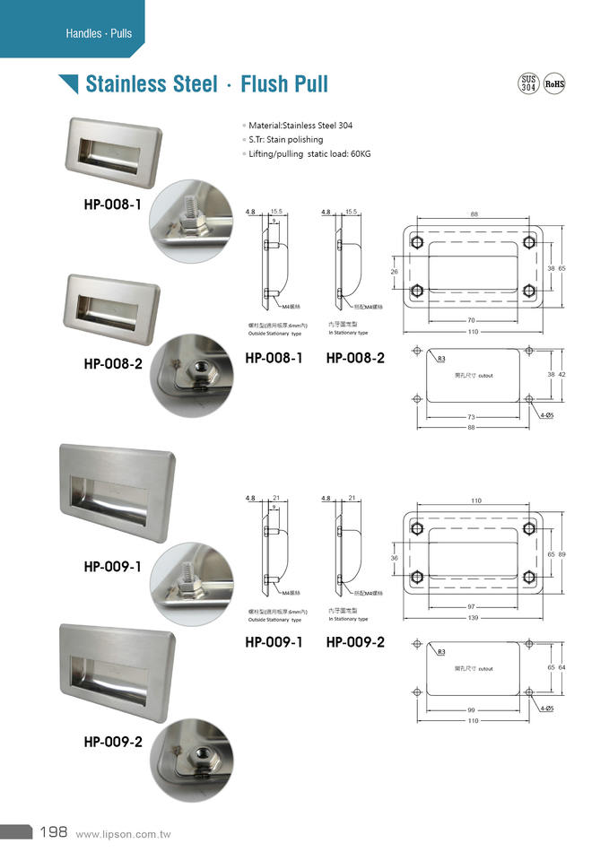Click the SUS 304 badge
[529, 84]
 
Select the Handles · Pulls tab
[99, 33]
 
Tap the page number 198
[53, 832]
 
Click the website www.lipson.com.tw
[124, 834]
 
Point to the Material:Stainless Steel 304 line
[300, 126]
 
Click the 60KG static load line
[309, 154]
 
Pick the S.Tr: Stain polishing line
[285, 140]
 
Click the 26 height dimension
[394, 270]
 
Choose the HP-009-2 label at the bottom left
[113, 742]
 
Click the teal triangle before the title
[68, 84]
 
